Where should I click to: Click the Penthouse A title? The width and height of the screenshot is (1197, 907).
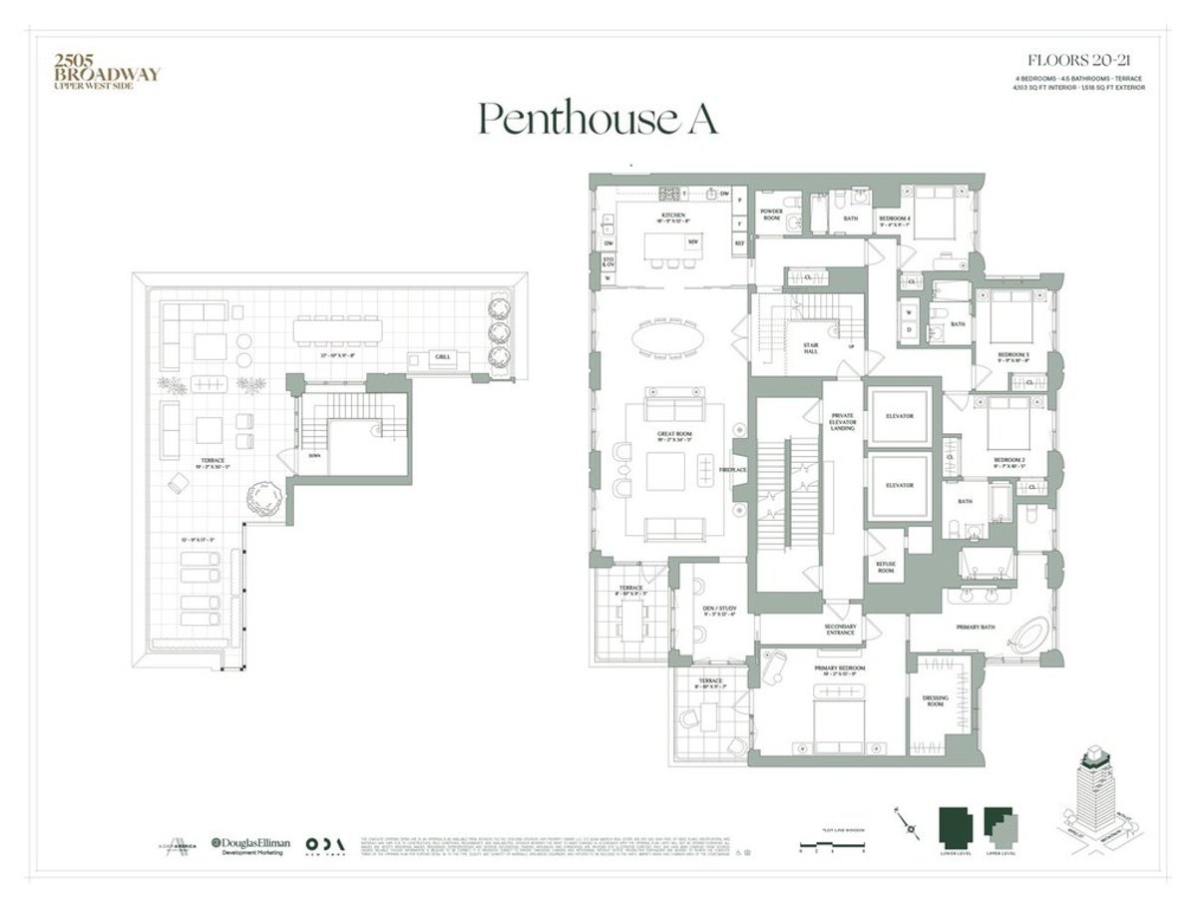coord(598,118)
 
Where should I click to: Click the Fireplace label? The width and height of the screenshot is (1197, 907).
coord(734,469)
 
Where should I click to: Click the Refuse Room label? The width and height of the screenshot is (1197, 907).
coord(885,566)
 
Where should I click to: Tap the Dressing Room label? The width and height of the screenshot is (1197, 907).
coord(935,702)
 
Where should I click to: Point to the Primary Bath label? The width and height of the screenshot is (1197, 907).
coord(978,628)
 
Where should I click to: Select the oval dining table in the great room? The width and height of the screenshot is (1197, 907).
coord(668,340)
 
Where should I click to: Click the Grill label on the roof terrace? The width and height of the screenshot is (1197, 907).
coord(441,356)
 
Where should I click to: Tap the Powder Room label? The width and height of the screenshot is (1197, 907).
coord(771,215)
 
